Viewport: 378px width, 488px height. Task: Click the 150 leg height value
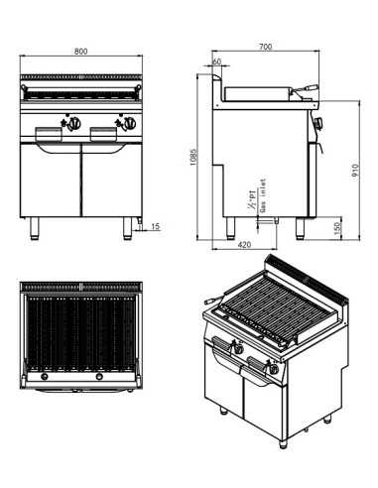pyautogui.click(x=337, y=228)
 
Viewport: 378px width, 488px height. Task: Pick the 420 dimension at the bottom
pyautogui.click(x=244, y=244)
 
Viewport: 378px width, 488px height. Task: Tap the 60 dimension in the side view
pyautogui.click(x=217, y=61)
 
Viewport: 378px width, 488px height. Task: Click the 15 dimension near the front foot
pyautogui.click(x=157, y=227)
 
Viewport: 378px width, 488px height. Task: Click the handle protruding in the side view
pyautogui.click(x=310, y=88)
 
